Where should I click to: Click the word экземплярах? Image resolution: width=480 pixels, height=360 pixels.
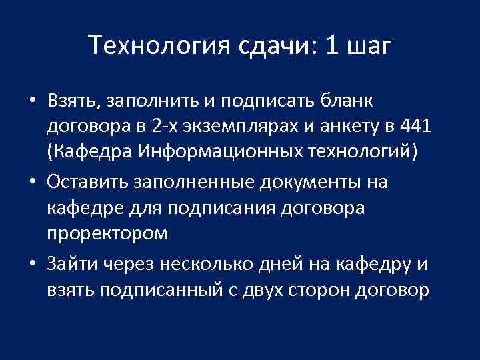tap(254, 125)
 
